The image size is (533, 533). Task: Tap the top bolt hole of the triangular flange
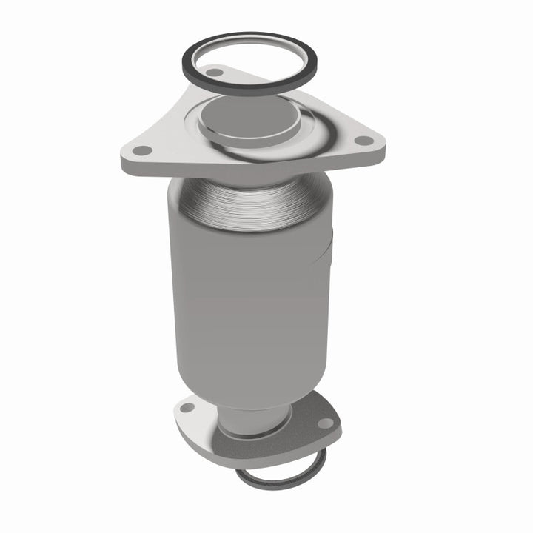(215, 73)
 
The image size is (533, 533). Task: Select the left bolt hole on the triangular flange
(143, 150)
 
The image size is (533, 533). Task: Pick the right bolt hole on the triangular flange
(363, 140)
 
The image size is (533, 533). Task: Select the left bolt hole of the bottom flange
(187, 407)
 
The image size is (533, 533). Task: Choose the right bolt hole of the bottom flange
(324, 423)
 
